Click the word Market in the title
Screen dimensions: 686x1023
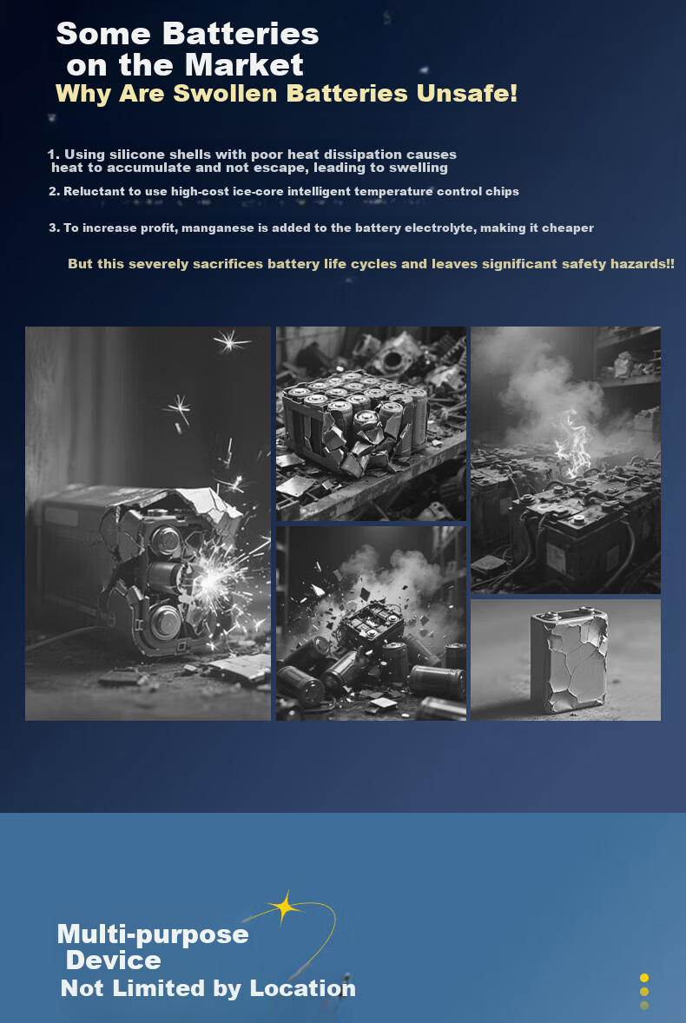(x=244, y=65)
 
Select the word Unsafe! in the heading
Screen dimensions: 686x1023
(x=467, y=93)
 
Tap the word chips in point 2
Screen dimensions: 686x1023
(x=502, y=191)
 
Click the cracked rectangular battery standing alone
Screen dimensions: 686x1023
(x=570, y=660)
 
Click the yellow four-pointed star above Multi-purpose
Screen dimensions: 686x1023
(x=284, y=907)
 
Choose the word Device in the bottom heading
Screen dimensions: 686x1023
(x=114, y=960)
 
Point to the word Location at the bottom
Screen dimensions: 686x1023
(x=302, y=988)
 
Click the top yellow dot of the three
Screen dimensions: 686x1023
(x=644, y=977)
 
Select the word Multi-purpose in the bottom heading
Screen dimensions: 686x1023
(x=153, y=935)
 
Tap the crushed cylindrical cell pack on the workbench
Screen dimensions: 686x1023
(x=355, y=421)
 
